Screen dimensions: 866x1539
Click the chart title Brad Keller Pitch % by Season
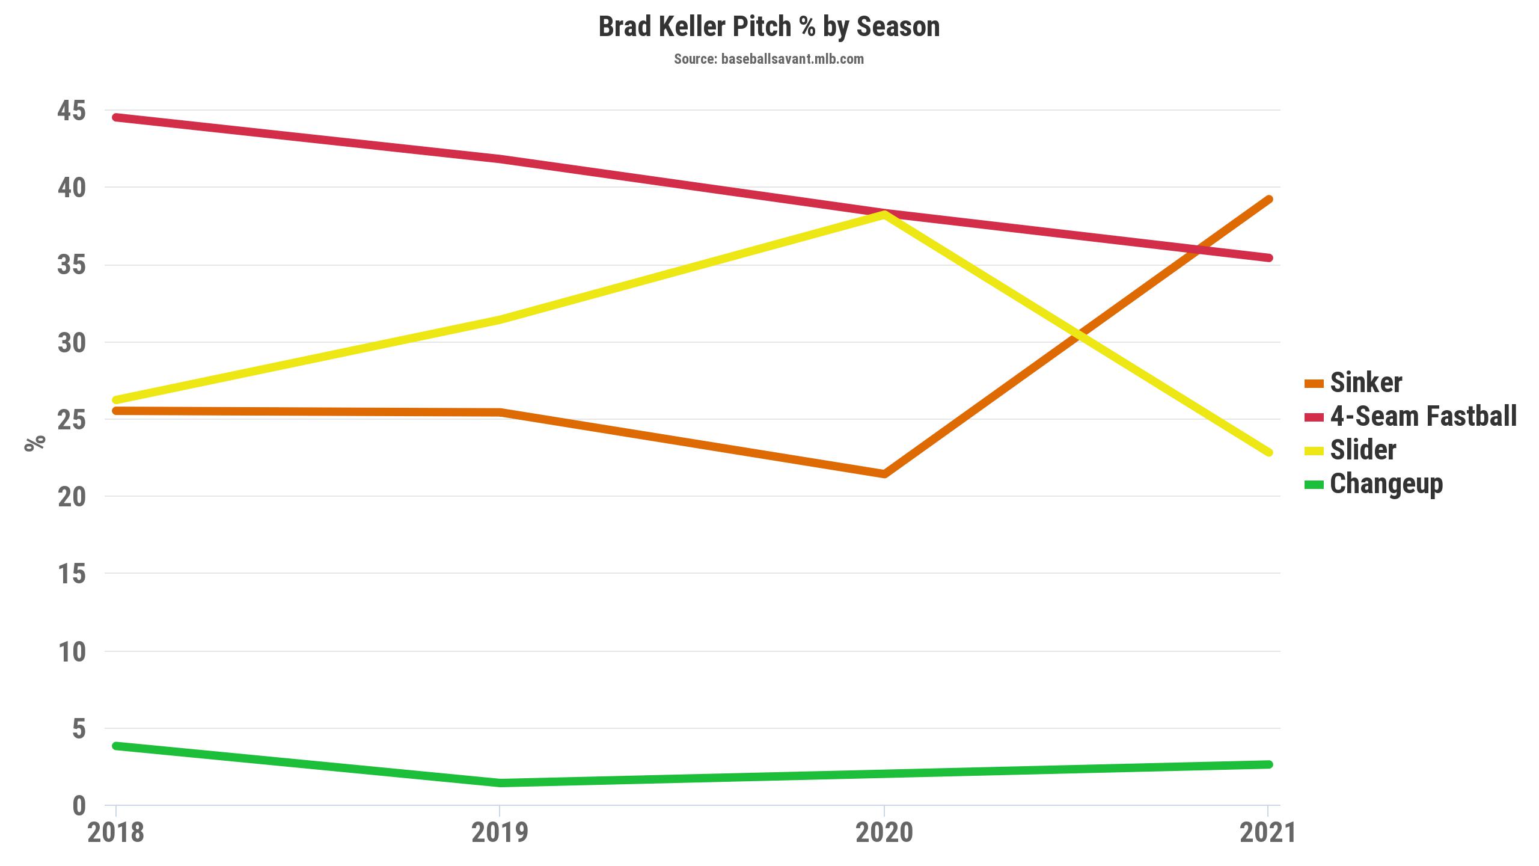pyautogui.click(x=769, y=27)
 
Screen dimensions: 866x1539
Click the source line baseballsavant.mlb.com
pyautogui.click(x=769, y=59)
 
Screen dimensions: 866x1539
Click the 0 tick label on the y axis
pyautogui.click(x=79, y=806)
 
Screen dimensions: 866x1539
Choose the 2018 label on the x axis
pyautogui.click(x=116, y=833)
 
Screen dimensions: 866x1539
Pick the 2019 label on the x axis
pyautogui.click(x=500, y=833)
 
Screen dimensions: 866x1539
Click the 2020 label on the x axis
pyautogui.click(x=884, y=833)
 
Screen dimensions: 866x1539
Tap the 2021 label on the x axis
pyautogui.click(x=1267, y=833)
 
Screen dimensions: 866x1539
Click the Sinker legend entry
pyautogui.click(x=1365, y=382)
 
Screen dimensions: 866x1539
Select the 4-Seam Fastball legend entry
pyautogui.click(x=1423, y=416)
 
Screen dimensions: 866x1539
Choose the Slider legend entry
pyautogui.click(x=1362, y=450)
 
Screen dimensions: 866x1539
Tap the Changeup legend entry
pyautogui.click(x=1386, y=484)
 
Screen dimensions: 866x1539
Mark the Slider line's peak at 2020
pyautogui.click(x=884, y=215)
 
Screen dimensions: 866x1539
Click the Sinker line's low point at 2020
pyautogui.click(x=884, y=474)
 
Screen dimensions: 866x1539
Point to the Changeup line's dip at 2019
pyautogui.click(x=500, y=782)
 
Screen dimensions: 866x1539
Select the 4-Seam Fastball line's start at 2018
pyautogui.click(x=116, y=117)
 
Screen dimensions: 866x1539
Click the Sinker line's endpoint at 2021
pyautogui.click(x=1268, y=200)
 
